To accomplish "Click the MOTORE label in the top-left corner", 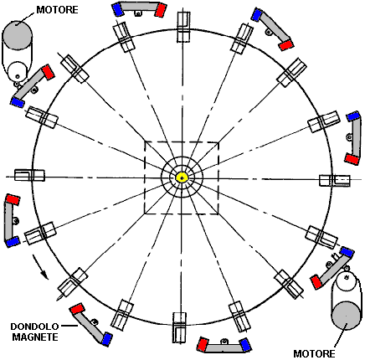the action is (57, 10).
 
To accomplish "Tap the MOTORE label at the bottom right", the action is (314, 354).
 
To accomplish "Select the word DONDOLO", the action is (34, 327).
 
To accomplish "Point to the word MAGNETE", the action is (35, 337).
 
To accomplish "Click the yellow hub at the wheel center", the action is (182, 177).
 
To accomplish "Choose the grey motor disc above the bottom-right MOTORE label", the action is (346, 316).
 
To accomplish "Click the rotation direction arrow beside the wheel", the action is (40, 266).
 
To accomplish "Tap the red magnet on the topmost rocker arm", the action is (161, 10).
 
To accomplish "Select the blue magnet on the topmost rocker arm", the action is (117, 9).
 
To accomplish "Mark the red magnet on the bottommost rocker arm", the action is (203, 344).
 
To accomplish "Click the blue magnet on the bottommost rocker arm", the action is (245, 345).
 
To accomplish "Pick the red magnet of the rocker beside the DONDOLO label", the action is (77, 309).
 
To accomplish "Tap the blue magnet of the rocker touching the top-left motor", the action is (18, 101).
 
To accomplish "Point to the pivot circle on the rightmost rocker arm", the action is (348, 137).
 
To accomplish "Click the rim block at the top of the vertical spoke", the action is (183, 27).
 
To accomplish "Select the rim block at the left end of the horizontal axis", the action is (29, 175).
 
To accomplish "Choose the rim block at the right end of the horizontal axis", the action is (334, 181).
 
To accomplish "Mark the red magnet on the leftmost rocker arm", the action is (13, 199).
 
